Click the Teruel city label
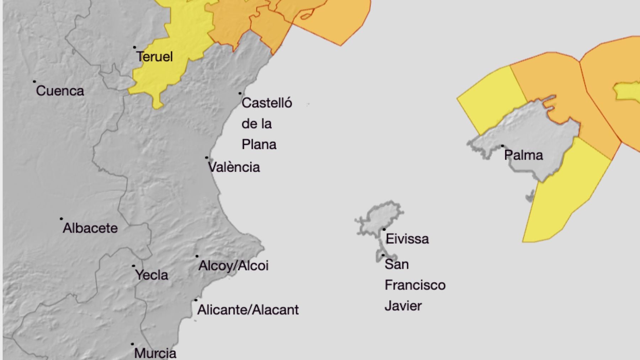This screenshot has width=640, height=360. [x=155, y=57]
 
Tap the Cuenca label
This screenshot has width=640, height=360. [x=60, y=91]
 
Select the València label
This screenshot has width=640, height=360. [x=234, y=167]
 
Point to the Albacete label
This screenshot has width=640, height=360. [x=90, y=228]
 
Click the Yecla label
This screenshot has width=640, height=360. [x=151, y=275]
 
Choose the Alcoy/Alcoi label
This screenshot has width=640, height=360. [x=233, y=266]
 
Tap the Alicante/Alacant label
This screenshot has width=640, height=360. [x=248, y=310]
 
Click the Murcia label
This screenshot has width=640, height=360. [x=155, y=353]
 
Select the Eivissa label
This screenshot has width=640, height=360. [x=407, y=239]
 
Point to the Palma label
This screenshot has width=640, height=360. [x=523, y=155]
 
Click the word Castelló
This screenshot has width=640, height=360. [x=267, y=103]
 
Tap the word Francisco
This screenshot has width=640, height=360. [x=415, y=285]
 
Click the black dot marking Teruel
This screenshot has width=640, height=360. [x=134, y=47]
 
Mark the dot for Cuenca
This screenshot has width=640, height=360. [x=34, y=81]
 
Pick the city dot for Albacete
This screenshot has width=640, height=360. [x=61, y=219]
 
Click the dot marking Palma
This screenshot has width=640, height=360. [x=502, y=146]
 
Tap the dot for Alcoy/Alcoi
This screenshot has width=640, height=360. [x=197, y=256]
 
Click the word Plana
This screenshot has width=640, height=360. [x=259, y=145]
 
